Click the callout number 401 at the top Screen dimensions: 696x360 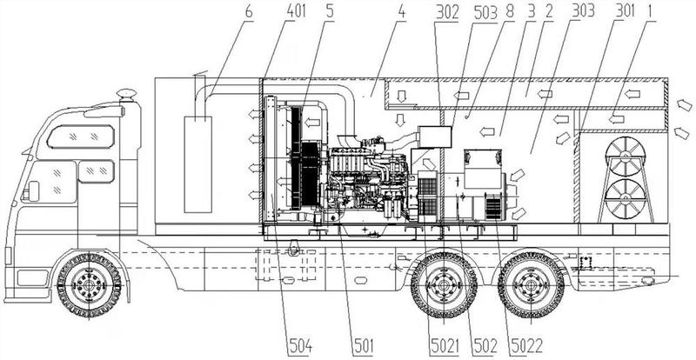296,11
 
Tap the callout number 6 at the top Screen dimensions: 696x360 249,11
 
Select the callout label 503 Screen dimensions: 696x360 485,12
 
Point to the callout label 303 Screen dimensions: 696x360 583,11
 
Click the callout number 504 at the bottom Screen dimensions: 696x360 300,346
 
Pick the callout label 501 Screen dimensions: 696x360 363,346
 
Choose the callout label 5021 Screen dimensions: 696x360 444,346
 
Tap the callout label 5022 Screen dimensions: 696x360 527,346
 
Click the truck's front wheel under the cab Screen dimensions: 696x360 90,284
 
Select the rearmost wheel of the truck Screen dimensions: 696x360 531,284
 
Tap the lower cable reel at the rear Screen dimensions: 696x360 626,198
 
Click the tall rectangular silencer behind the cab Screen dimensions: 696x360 198,164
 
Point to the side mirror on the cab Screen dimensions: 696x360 32,191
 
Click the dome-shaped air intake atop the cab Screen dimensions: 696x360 126,95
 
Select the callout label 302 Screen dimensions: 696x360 446,12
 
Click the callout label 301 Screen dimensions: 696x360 625,11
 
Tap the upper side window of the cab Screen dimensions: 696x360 81,137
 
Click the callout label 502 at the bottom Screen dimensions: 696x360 485,346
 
